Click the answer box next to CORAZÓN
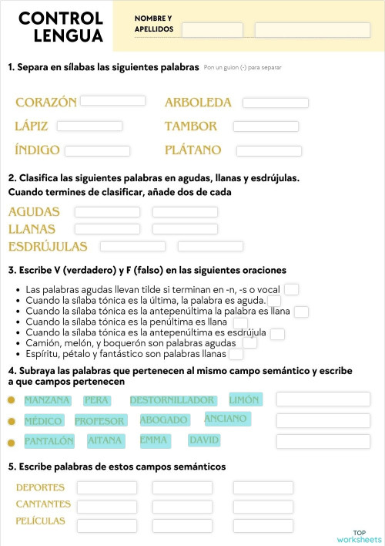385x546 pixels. pos(112,101)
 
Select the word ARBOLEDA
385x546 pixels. pos(198,103)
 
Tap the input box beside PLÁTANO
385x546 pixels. pos(269,151)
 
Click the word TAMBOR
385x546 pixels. pos(191,126)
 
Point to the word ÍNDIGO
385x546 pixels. pos(37,150)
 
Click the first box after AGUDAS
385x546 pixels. pos(106,212)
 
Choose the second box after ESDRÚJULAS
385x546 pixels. pos(210,247)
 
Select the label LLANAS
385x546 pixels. pos(32,229)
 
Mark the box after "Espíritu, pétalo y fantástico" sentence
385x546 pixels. pos(236,355)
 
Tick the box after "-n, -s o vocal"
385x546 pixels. pos(291,290)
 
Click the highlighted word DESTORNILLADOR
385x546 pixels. pos(172,400)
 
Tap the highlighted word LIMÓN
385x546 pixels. pos(245,399)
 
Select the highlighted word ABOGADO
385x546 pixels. pos(164,420)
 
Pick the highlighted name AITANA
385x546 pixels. pos(105,440)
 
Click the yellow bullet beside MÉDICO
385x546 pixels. pos(11,421)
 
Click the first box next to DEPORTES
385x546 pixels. pos(106,487)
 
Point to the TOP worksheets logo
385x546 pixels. pos(359,536)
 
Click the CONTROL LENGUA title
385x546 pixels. pos(61,27)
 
